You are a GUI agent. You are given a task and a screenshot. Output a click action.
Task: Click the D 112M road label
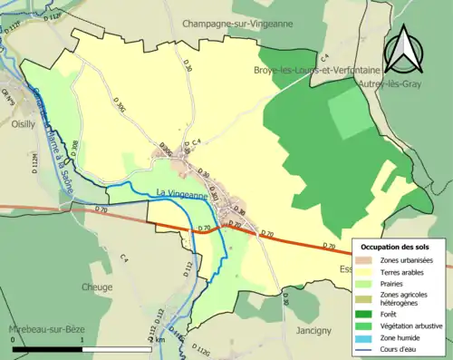(35, 164)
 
